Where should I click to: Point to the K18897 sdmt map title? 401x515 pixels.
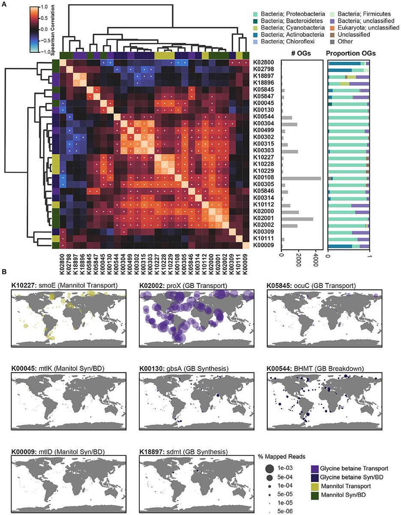[x=177, y=451]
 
